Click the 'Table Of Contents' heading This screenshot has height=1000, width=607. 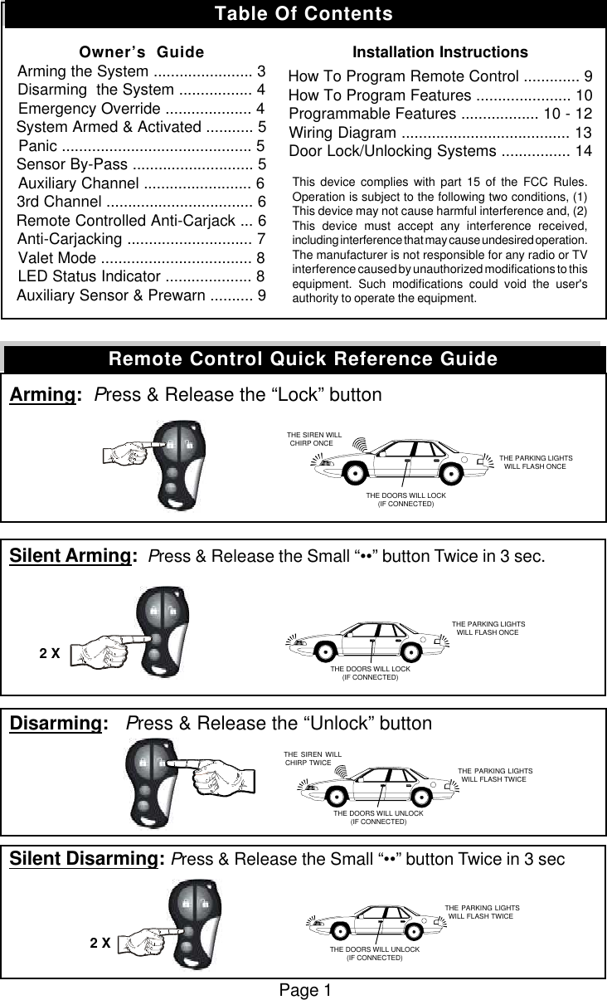point(303,14)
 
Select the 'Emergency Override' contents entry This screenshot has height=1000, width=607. point(141,110)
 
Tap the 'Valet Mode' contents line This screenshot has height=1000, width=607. point(141,256)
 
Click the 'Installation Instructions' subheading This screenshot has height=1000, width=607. point(440,53)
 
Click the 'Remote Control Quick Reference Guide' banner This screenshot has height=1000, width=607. point(303,359)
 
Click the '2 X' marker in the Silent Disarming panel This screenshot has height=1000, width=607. point(100,943)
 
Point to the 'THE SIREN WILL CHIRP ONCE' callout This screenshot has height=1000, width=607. point(313,439)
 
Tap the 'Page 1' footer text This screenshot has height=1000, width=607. point(303,990)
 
